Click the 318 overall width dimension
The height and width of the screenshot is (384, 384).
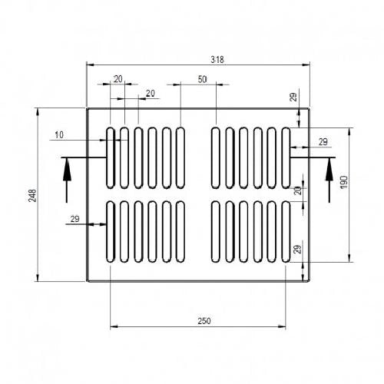(x=217, y=60)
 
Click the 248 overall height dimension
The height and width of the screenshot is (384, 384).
(x=32, y=196)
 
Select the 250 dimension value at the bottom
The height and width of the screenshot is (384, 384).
(x=204, y=321)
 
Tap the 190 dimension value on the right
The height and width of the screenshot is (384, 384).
(x=344, y=182)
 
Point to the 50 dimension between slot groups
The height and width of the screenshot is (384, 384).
(x=202, y=79)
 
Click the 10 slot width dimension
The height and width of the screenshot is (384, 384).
(x=59, y=135)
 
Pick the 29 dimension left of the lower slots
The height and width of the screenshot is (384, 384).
(x=74, y=219)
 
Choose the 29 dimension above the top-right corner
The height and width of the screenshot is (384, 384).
(x=293, y=97)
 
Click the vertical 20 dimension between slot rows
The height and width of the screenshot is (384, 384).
(x=298, y=190)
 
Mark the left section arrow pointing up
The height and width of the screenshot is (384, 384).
(x=67, y=180)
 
